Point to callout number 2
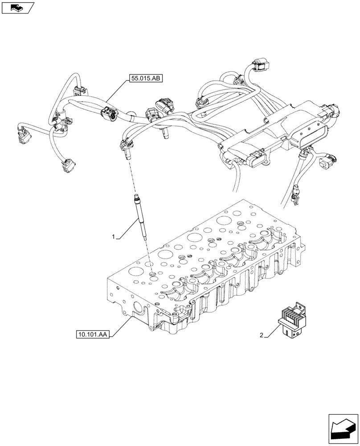coord(262,335)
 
